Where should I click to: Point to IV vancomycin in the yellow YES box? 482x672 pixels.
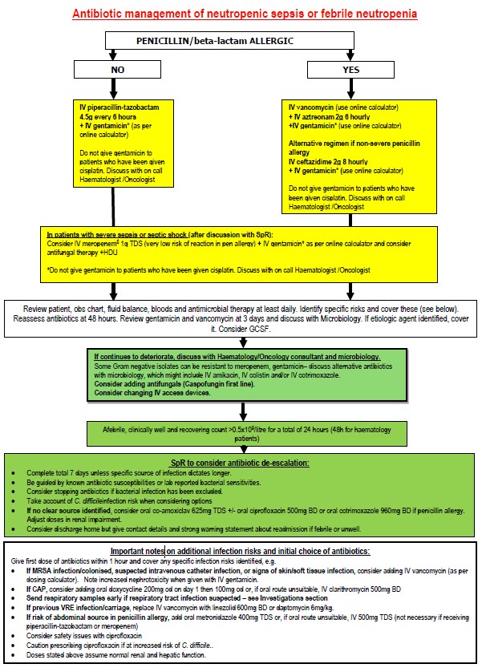[x=313, y=106]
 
